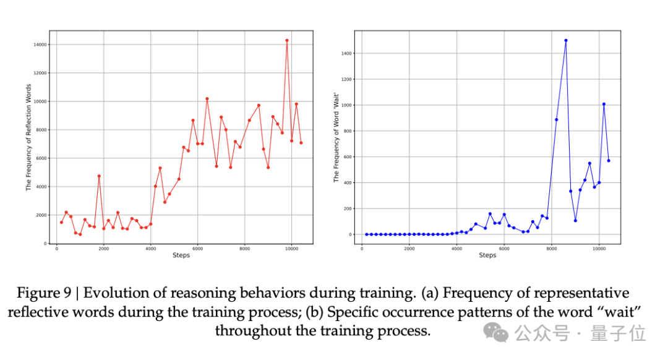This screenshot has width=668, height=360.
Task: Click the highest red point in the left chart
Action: pyautogui.click(x=287, y=41)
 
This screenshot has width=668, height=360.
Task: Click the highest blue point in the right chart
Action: pyautogui.click(x=566, y=40)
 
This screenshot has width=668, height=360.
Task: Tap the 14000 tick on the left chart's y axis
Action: pyautogui.click(x=41, y=45)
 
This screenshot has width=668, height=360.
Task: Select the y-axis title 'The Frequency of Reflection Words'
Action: pyautogui.click(x=28, y=137)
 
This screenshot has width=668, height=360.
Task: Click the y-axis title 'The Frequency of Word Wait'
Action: pyautogui.click(x=336, y=137)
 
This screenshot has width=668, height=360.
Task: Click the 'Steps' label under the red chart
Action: pyautogui.click(x=181, y=255)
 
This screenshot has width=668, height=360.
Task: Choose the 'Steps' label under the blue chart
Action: pyautogui.click(x=487, y=255)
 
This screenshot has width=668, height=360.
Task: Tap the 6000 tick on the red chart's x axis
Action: pyautogui.click(x=197, y=249)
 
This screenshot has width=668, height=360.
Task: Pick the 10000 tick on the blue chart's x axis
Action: pyautogui.click(x=599, y=249)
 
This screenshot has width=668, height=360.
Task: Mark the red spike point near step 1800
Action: pyautogui.click(x=99, y=176)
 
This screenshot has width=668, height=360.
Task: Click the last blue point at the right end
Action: pyautogui.click(x=609, y=161)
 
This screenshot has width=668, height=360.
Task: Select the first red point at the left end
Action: pyautogui.click(x=61, y=222)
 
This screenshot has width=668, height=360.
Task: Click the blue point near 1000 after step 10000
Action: pyautogui.click(x=604, y=104)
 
